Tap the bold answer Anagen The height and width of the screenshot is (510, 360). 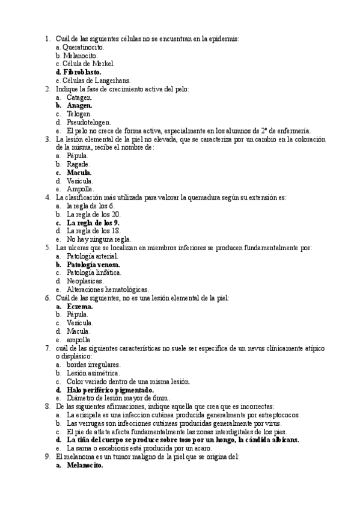pos(79,105)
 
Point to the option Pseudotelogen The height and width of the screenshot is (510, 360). pos(88,122)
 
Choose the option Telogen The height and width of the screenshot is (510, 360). pos(79,114)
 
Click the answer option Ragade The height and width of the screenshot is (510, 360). pos(78,164)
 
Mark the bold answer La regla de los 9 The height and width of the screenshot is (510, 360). pos(93,222)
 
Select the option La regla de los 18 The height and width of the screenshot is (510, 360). pos(94,230)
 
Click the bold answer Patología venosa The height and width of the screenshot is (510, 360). pos(93,264)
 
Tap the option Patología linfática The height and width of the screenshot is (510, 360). pos(94,272)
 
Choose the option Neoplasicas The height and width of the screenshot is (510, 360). pos(85,281)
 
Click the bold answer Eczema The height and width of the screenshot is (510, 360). pos(79,306)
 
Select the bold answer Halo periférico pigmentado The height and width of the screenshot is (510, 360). pos(110,390)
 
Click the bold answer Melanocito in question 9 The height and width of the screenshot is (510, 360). pos(85,465)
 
